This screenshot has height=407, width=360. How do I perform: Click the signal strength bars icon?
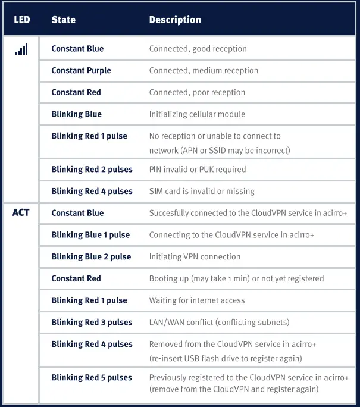pos(21,49)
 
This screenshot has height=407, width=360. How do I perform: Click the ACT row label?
pos(21,213)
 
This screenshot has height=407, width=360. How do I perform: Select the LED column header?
pos(21,20)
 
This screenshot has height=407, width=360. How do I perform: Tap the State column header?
pos(63,20)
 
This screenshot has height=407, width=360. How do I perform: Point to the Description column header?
pos(175,20)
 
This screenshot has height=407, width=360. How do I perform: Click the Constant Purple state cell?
pos(81,71)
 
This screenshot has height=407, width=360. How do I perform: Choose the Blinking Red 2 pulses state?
pos(92,170)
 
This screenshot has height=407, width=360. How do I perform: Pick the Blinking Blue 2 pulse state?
pos(91,257)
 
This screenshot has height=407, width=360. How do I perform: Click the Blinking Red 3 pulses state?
pos(92,323)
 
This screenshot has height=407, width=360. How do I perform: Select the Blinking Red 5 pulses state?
pos(92,378)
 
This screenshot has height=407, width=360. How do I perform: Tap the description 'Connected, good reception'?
pos(198,49)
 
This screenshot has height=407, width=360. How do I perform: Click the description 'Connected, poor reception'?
pos(197,93)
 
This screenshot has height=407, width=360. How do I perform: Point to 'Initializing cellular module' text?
pos(197,114)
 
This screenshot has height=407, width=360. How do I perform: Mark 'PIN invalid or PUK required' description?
pos(198,170)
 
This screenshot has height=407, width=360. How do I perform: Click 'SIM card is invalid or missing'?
pos(202,192)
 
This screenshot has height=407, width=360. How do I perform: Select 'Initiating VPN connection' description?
pos(195,257)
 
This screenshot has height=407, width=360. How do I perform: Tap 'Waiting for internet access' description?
pos(197,300)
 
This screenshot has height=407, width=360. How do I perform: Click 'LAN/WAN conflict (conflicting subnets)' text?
pos(219,323)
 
